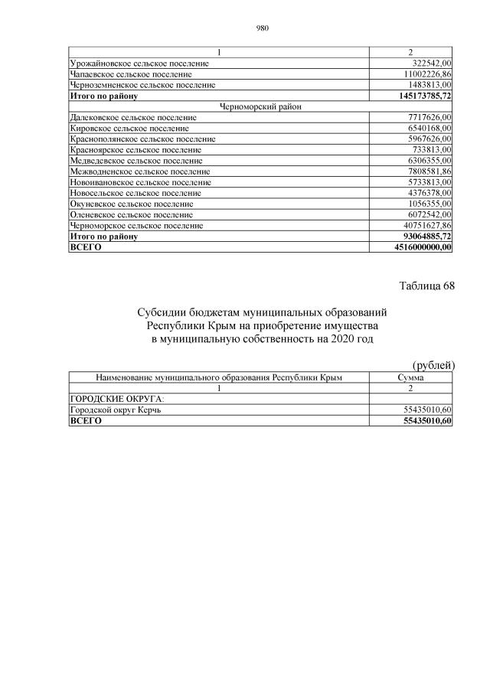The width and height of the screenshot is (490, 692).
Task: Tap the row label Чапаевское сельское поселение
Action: (x=130, y=75)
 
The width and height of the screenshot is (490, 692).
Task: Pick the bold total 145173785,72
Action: (x=421, y=96)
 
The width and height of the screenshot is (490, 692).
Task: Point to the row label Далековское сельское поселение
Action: (x=132, y=118)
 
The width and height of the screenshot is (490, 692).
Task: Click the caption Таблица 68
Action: (x=426, y=286)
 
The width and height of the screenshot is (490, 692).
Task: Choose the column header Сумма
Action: (x=411, y=377)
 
